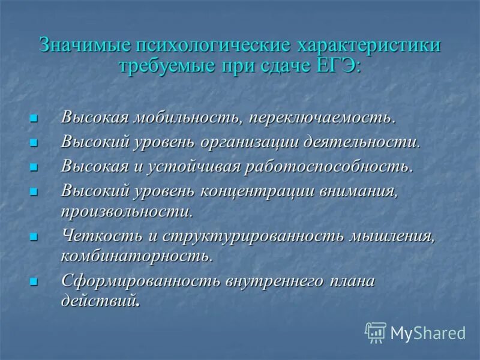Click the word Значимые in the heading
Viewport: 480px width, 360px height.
point(85,46)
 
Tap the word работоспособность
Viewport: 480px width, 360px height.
point(328,166)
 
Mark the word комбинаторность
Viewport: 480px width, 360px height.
point(135,257)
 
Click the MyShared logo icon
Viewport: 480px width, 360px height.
point(376,332)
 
